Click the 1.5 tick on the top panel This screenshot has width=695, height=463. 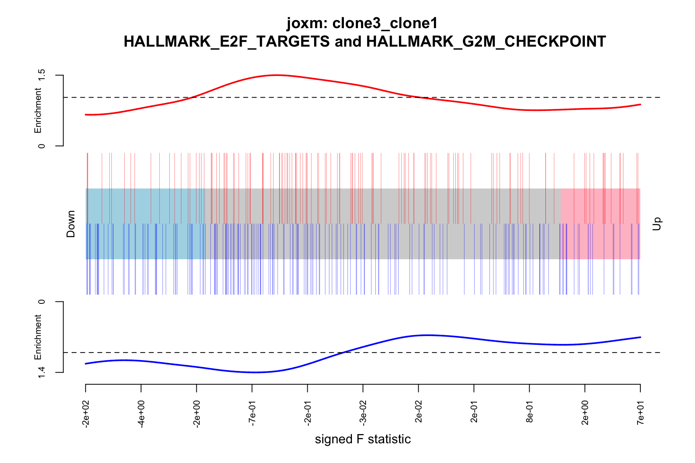[x=41, y=76]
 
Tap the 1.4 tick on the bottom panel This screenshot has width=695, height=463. [x=41, y=373]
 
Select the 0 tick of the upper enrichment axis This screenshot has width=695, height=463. [x=41, y=146]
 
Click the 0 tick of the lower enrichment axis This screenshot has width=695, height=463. [x=41, y=301]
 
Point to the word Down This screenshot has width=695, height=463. [x=71, y=224]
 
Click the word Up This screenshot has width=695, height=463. [x=656, y=224]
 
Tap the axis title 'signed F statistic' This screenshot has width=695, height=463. [x=363, y=439]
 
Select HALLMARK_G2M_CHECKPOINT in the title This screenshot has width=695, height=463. [x=486, y=41]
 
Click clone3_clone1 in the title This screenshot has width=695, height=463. [x=385, y=23]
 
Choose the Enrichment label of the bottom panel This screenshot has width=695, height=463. [x=38, y=337]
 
